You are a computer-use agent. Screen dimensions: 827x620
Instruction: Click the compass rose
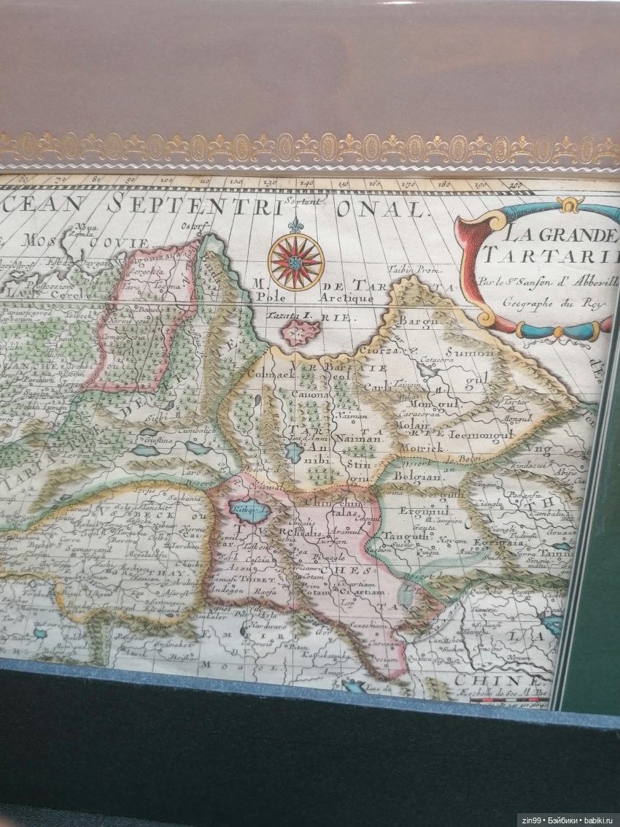(295, 261)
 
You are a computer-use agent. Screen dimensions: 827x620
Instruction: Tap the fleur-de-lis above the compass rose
(295, 226)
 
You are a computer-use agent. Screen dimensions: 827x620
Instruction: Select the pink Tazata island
(301, 332)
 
